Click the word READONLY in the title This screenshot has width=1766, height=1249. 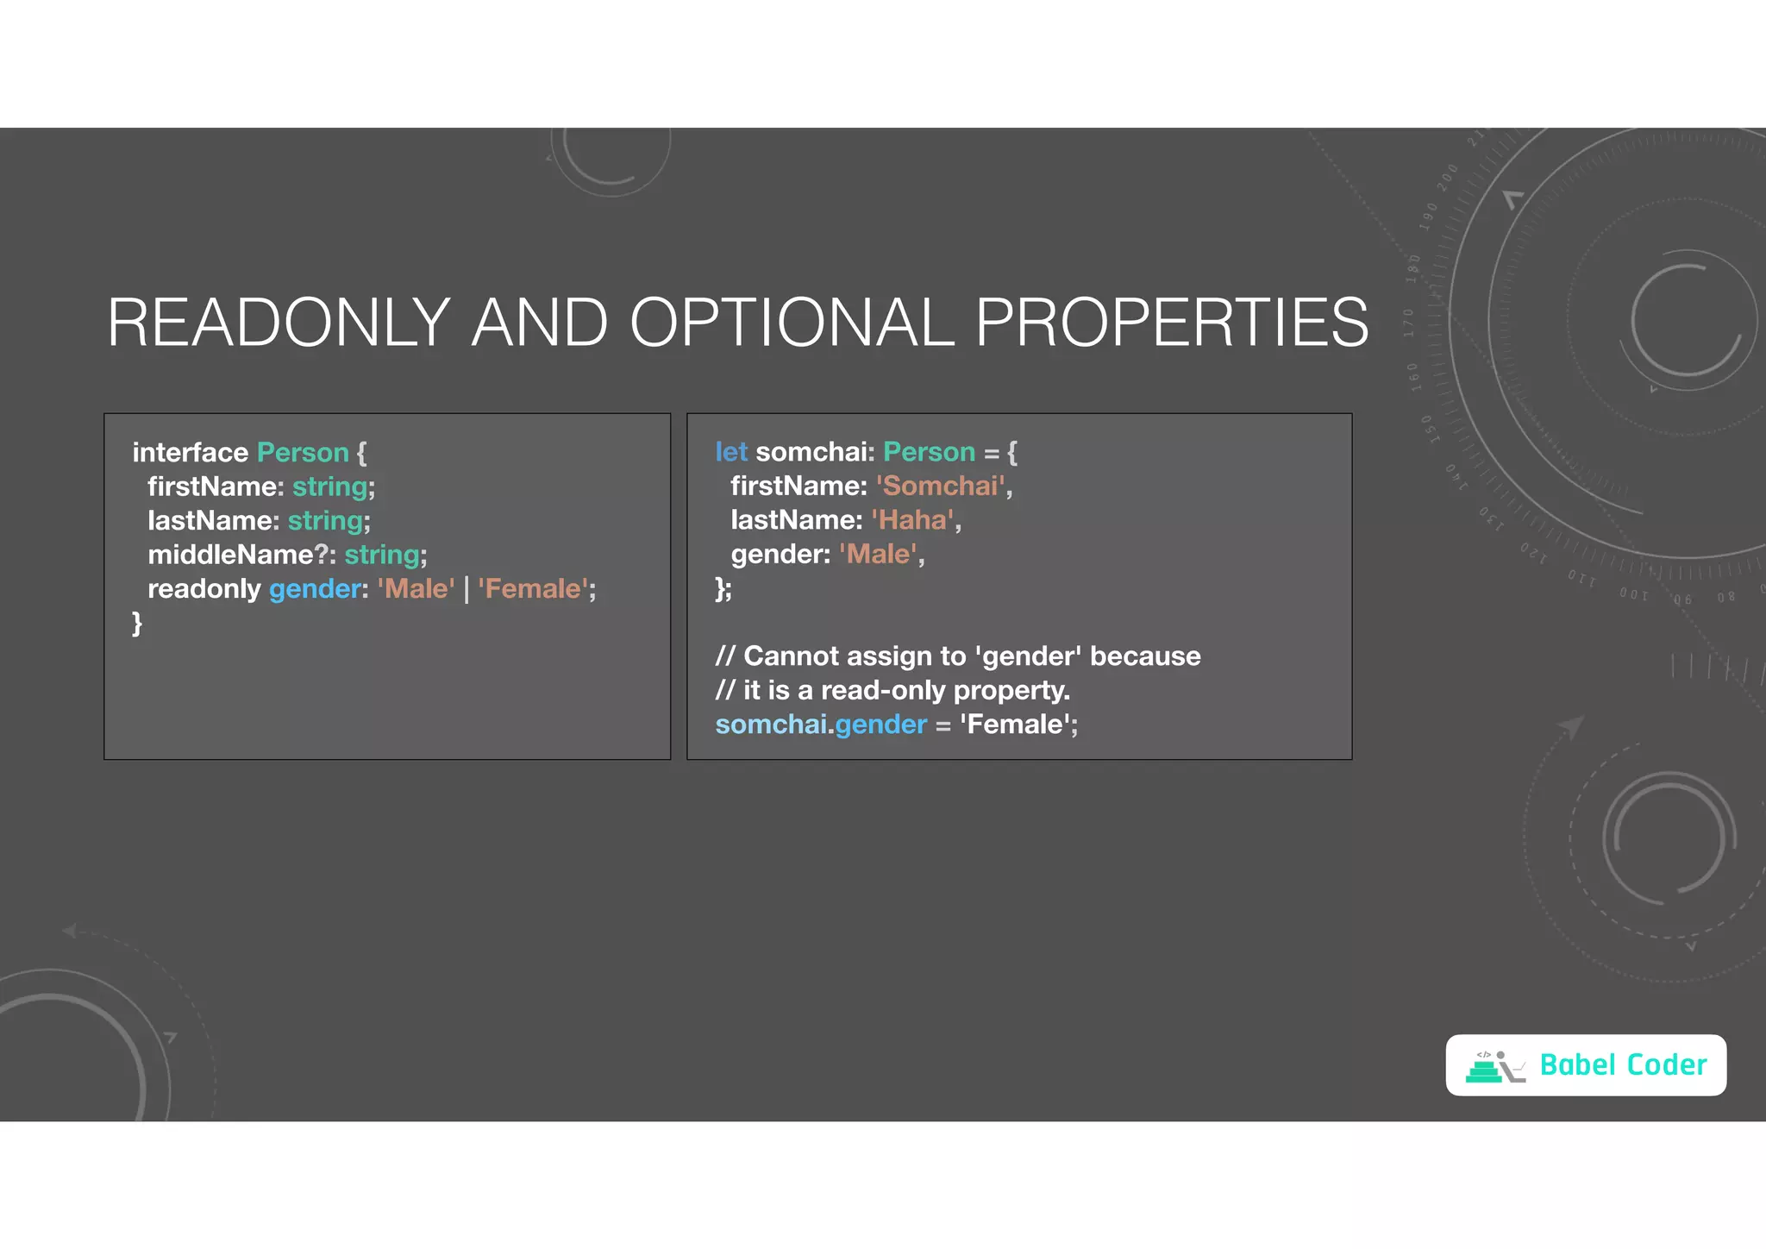[x=279, y=323]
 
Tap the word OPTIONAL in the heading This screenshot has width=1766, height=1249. [x=792, y=323]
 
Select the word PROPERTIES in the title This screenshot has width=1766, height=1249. [x=1171, y=323]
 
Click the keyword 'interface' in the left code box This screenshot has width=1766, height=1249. [x=190, y=453]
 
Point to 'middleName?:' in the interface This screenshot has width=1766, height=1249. [x=241, y=555]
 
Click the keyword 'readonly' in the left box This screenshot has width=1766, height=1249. [x=204, y=589]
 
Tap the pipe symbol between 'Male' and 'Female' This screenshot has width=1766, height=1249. [x=467, y=590]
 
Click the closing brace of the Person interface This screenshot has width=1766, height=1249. [x=137, y=623]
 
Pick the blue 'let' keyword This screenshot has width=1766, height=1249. [x=730, y=452]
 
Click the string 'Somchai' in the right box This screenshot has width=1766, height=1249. [x=940, y=486]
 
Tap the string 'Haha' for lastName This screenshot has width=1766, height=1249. [x=912, y=520]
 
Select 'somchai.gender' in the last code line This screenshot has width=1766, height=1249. [x=820, y=725]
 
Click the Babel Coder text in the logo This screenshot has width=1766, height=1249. [x=1622, y=1065]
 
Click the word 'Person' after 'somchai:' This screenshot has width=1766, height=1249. [x=929, y=452]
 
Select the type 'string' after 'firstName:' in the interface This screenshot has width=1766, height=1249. [x=330, y=487]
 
